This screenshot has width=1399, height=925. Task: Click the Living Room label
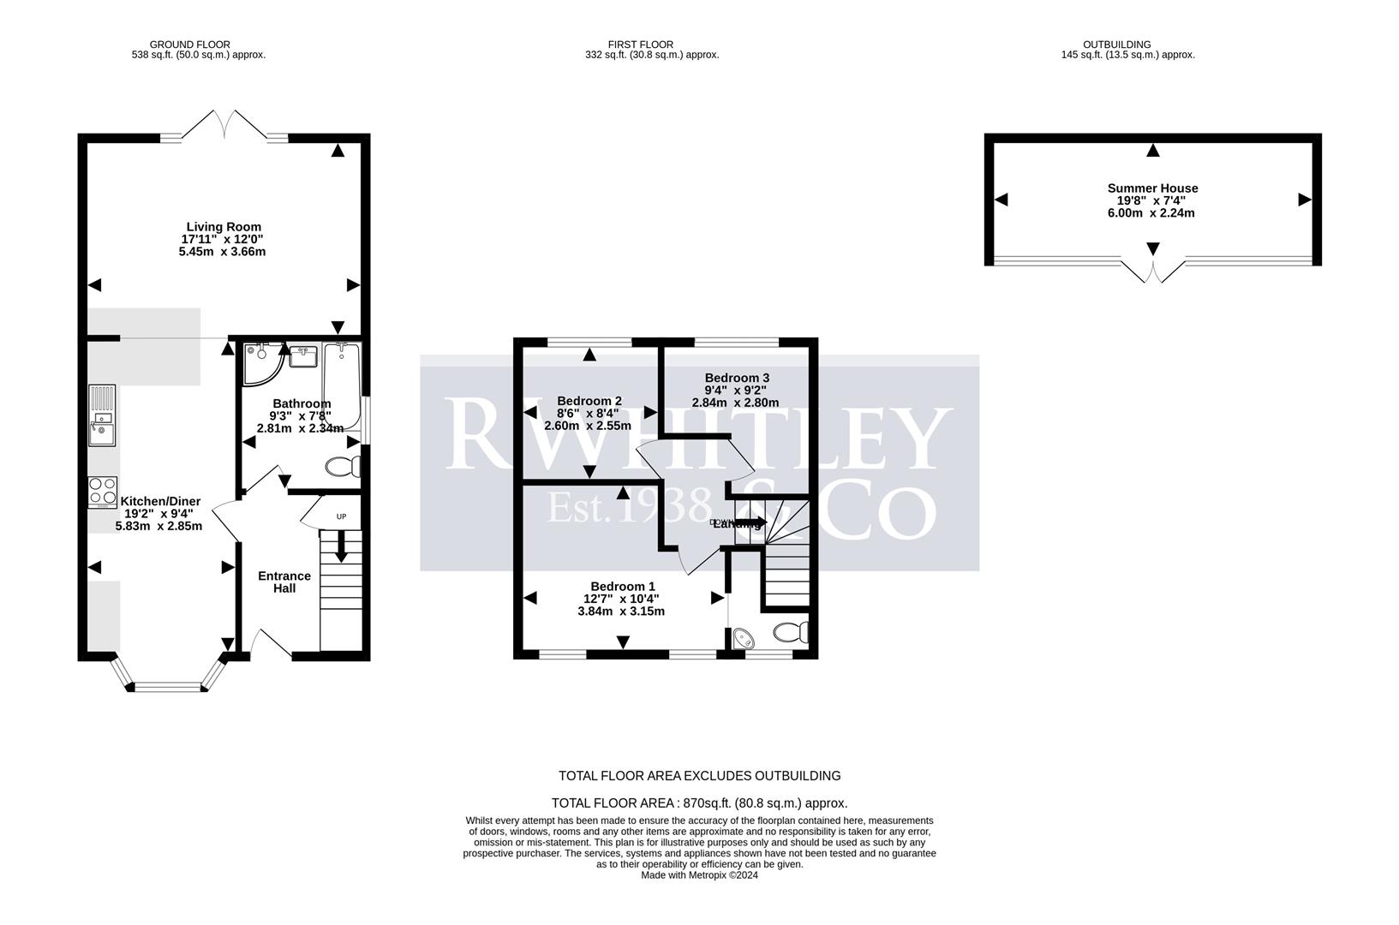point(224,227)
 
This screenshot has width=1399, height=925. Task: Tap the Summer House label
point(1152,188)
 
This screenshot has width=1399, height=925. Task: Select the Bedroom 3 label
point(737,378)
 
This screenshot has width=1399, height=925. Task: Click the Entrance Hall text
point(284,582)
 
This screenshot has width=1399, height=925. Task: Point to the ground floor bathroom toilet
point(344,467)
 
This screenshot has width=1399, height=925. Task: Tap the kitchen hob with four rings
point(103,492)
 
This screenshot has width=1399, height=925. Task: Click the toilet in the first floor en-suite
point(790,633)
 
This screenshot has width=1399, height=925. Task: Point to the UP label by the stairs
point(341,516)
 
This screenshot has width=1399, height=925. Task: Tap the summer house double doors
point(1153,272)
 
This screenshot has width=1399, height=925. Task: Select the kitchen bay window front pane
point(167,686)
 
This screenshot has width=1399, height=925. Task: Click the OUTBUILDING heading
point(1116,45)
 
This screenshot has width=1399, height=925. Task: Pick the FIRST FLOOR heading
point(640,45)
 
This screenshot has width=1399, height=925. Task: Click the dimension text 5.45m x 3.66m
point(222,252)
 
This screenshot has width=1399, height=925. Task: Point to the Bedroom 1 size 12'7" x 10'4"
point(621,599)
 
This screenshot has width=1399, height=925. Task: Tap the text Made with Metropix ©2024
point(699,875)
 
